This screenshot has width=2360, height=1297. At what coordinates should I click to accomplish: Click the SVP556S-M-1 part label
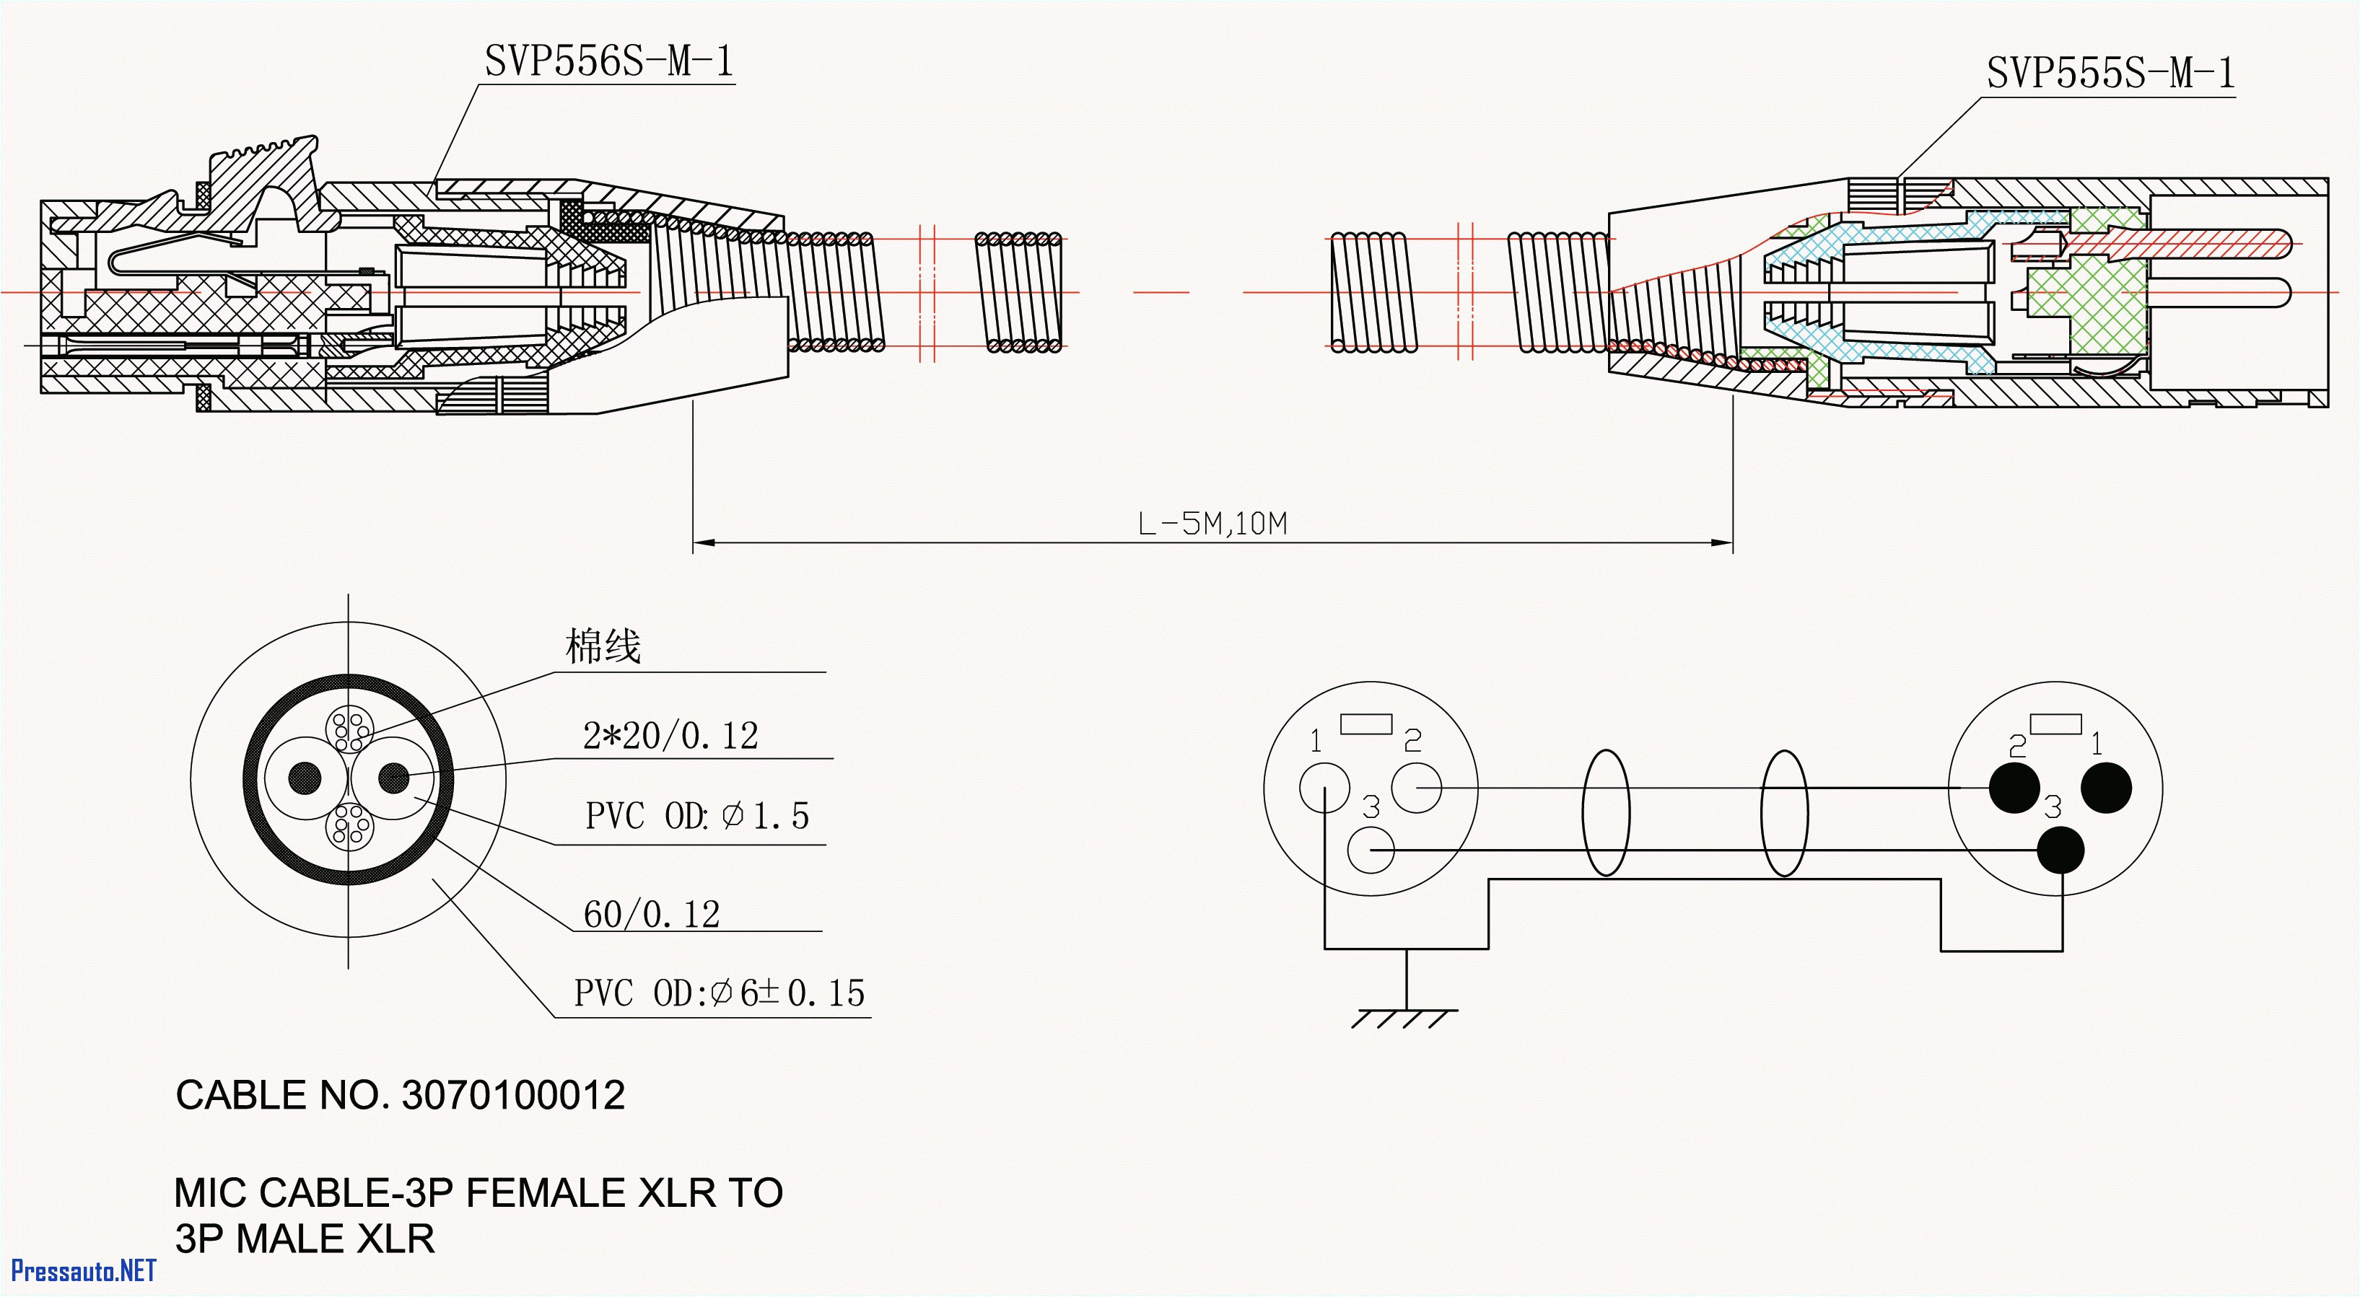click(608, 61)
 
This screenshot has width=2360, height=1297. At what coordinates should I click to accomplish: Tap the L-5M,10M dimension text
click(1212, 524)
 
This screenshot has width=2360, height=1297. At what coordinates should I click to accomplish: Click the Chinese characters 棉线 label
click(603, 646)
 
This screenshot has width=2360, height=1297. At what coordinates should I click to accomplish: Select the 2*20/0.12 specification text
click(670, 736)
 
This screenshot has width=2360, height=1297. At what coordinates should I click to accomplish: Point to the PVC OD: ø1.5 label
click(697, 815)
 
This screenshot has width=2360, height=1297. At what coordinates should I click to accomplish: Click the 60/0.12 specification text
click(652, 914)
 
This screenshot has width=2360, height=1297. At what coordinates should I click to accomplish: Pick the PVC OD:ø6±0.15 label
click(719, 993)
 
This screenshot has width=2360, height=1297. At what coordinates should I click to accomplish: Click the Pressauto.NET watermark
click(84, 1270)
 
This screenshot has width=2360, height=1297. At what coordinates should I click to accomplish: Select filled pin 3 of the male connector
click(2060, 850)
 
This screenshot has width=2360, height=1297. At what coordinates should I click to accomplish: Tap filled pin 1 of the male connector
click(2106, 787)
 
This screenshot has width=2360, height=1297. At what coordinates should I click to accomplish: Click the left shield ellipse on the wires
click(1606, 812)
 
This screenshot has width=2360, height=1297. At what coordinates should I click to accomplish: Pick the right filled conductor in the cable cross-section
click(394, 778)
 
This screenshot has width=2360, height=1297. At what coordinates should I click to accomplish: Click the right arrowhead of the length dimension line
click(1722, 543)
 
